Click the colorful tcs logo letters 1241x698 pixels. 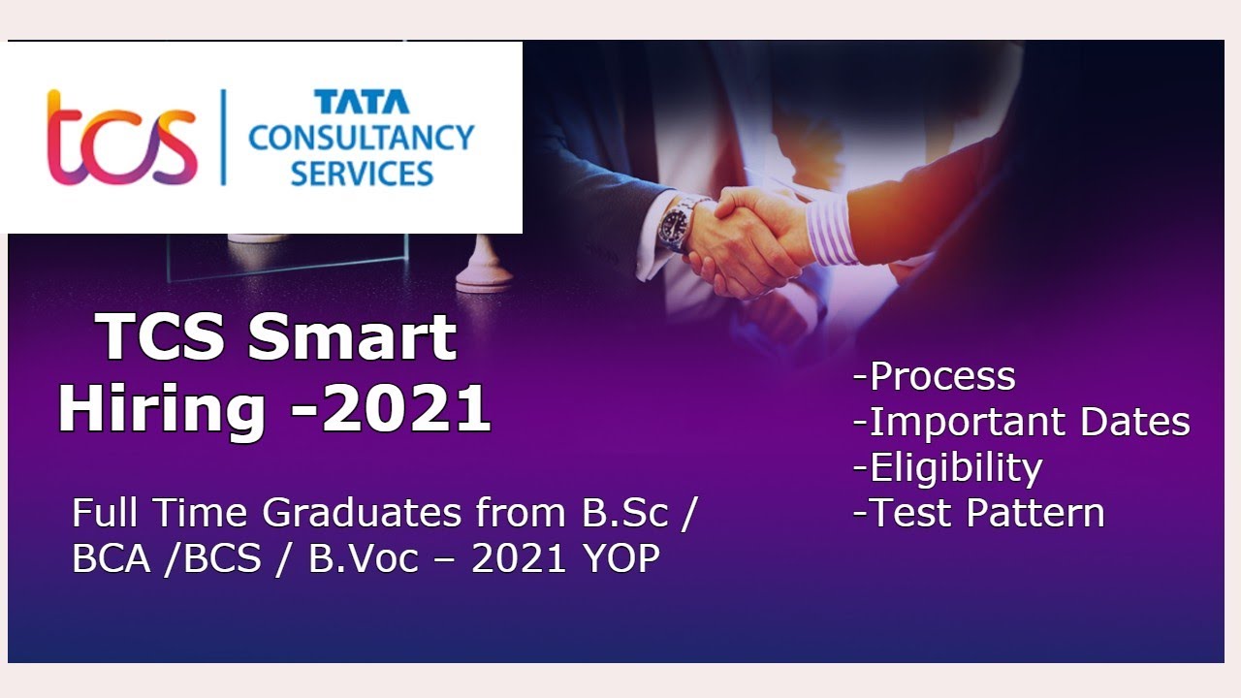click(121, 139)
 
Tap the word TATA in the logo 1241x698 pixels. click(361, 102)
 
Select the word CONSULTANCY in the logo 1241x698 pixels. click(361, 137)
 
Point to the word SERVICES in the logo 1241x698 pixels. click(361, 174)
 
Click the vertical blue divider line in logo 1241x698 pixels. click(222, 138)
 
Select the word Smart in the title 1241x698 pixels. click(351, 337)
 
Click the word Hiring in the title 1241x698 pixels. click(161, 408)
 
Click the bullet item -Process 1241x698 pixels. click(934, 376)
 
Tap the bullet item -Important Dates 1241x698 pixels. click(1021, 422)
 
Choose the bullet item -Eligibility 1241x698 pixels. click(947, 467)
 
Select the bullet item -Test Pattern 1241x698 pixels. click(978, 513)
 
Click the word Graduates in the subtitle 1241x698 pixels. click(364, 514)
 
